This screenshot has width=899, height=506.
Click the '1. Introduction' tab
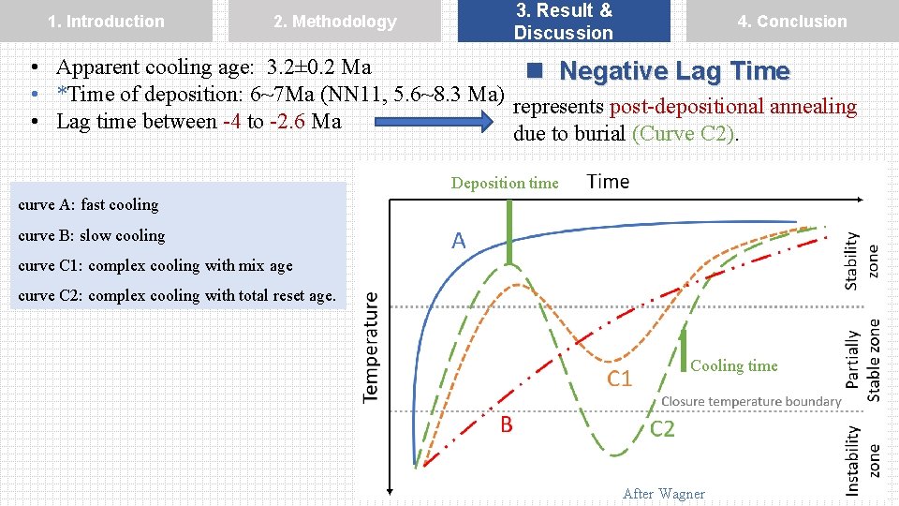click(x=106, y=22)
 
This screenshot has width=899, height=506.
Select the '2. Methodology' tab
click(x=334, y=22)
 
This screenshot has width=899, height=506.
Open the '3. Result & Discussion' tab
click(x=563, y=22)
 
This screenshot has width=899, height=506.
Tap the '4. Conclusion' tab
click(x=791, y=22)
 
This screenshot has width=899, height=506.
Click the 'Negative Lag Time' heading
click(x=673, y=71)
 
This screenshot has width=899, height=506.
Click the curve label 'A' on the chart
click(x=459, y=241)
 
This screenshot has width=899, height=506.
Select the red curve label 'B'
click(x=506, y=424)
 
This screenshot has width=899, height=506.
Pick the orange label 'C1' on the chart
click(x=620, y=379)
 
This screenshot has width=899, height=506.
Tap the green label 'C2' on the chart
click(x=662, y=429)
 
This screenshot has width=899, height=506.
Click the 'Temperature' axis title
click(x=371, y=347)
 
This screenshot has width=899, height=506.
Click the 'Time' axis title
click(x=608, y=182)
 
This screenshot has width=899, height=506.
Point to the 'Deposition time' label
click(x=505, y=184)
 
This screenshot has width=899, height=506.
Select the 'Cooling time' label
click(x=733, y=366)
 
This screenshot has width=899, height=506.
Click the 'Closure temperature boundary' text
click(x=751, y=401)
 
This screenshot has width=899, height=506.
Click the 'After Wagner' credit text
click(x=663, y=494)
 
